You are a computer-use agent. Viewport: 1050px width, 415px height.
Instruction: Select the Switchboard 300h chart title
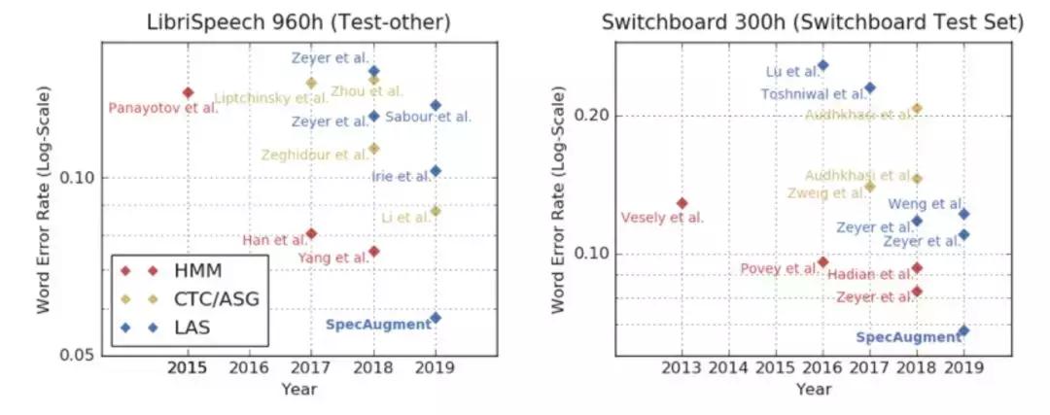click(x=814, y=22)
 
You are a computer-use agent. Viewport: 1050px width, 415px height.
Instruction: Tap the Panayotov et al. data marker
click(x=189, y=92)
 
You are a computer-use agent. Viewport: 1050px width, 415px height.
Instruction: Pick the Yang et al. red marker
click(x=373, y=252)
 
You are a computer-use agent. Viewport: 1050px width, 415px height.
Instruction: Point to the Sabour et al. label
click(x=428, y=117)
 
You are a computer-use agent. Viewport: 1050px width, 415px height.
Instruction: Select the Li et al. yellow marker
click(x=436, y=211)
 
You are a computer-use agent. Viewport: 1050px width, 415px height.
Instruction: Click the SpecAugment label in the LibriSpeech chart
click(x=377, y=325)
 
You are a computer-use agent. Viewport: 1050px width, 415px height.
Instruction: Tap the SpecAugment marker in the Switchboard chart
click(x=963, y=330)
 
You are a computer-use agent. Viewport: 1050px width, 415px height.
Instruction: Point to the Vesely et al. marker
click(x=682, y=203)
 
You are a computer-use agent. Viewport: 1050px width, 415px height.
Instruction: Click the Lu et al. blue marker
click(x=822, y=65)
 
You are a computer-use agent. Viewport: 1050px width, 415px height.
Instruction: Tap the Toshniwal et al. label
click(x=814, y=94)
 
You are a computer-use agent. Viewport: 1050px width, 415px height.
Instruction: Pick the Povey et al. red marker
click(x=822, y=262)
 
